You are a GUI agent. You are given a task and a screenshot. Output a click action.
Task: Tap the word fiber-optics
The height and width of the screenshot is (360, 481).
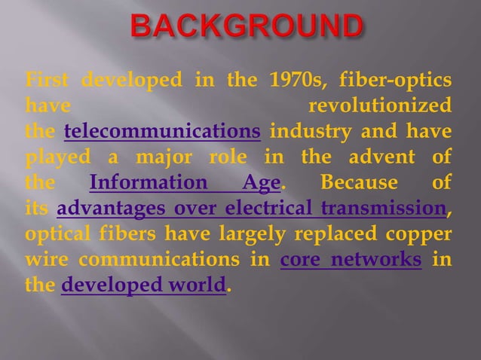coord(397,79)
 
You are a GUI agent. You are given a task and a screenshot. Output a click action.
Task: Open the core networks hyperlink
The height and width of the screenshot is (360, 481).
coord(350,260)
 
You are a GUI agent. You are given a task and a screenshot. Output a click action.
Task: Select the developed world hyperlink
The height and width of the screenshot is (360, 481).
coord(143,286)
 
